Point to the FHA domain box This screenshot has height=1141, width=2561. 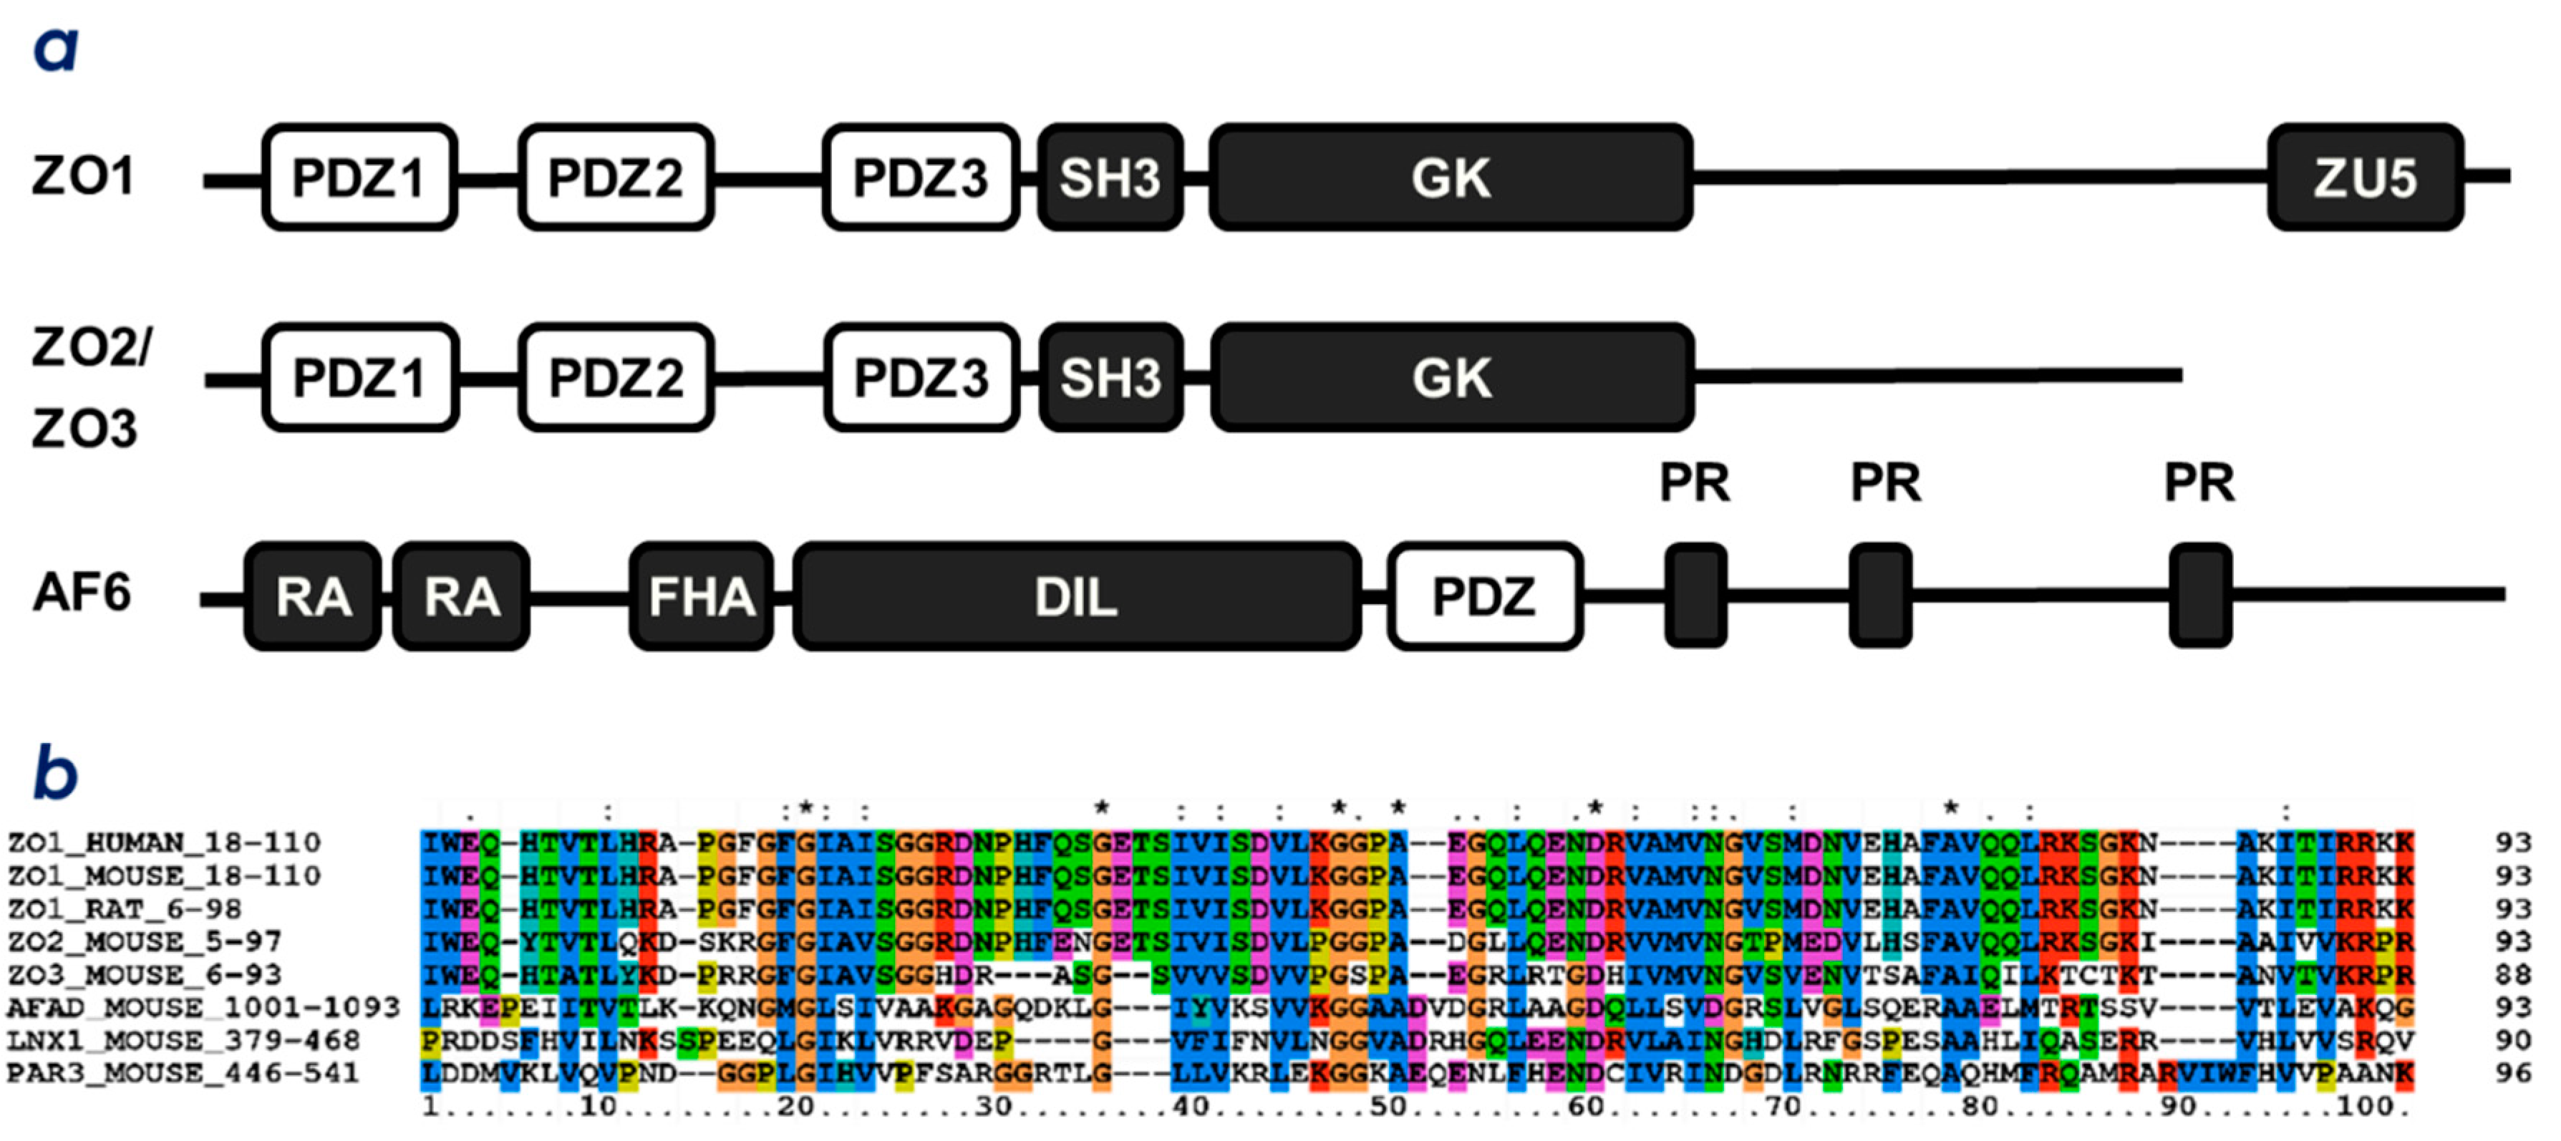click(x=701, y=596)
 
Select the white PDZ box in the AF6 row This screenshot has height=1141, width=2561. click(x=1484, y=596)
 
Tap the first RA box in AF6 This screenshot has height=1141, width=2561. click(x=312, y=596)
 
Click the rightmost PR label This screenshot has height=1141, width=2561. click(x=2199, y=483)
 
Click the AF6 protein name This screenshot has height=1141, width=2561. click(x=82, y=593)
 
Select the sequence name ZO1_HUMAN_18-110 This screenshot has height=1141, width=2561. click(x=164, y=843)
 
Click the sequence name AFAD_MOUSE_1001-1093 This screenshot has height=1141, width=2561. click(x=203, y=1008)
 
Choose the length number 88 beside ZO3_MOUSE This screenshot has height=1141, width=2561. click(x=2512, y=975)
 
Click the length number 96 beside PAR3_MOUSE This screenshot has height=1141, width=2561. click(x=2512, y=1074)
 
